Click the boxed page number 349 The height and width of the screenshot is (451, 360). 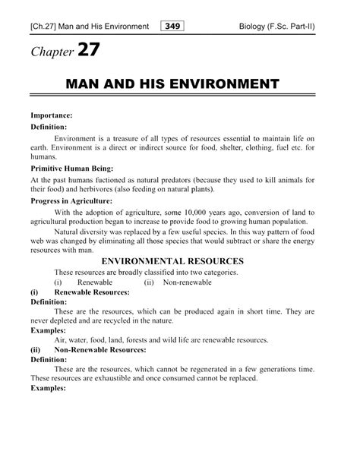point(173,27)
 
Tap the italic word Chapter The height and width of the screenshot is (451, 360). point(46,55)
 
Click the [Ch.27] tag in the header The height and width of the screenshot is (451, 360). point(36,27)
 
